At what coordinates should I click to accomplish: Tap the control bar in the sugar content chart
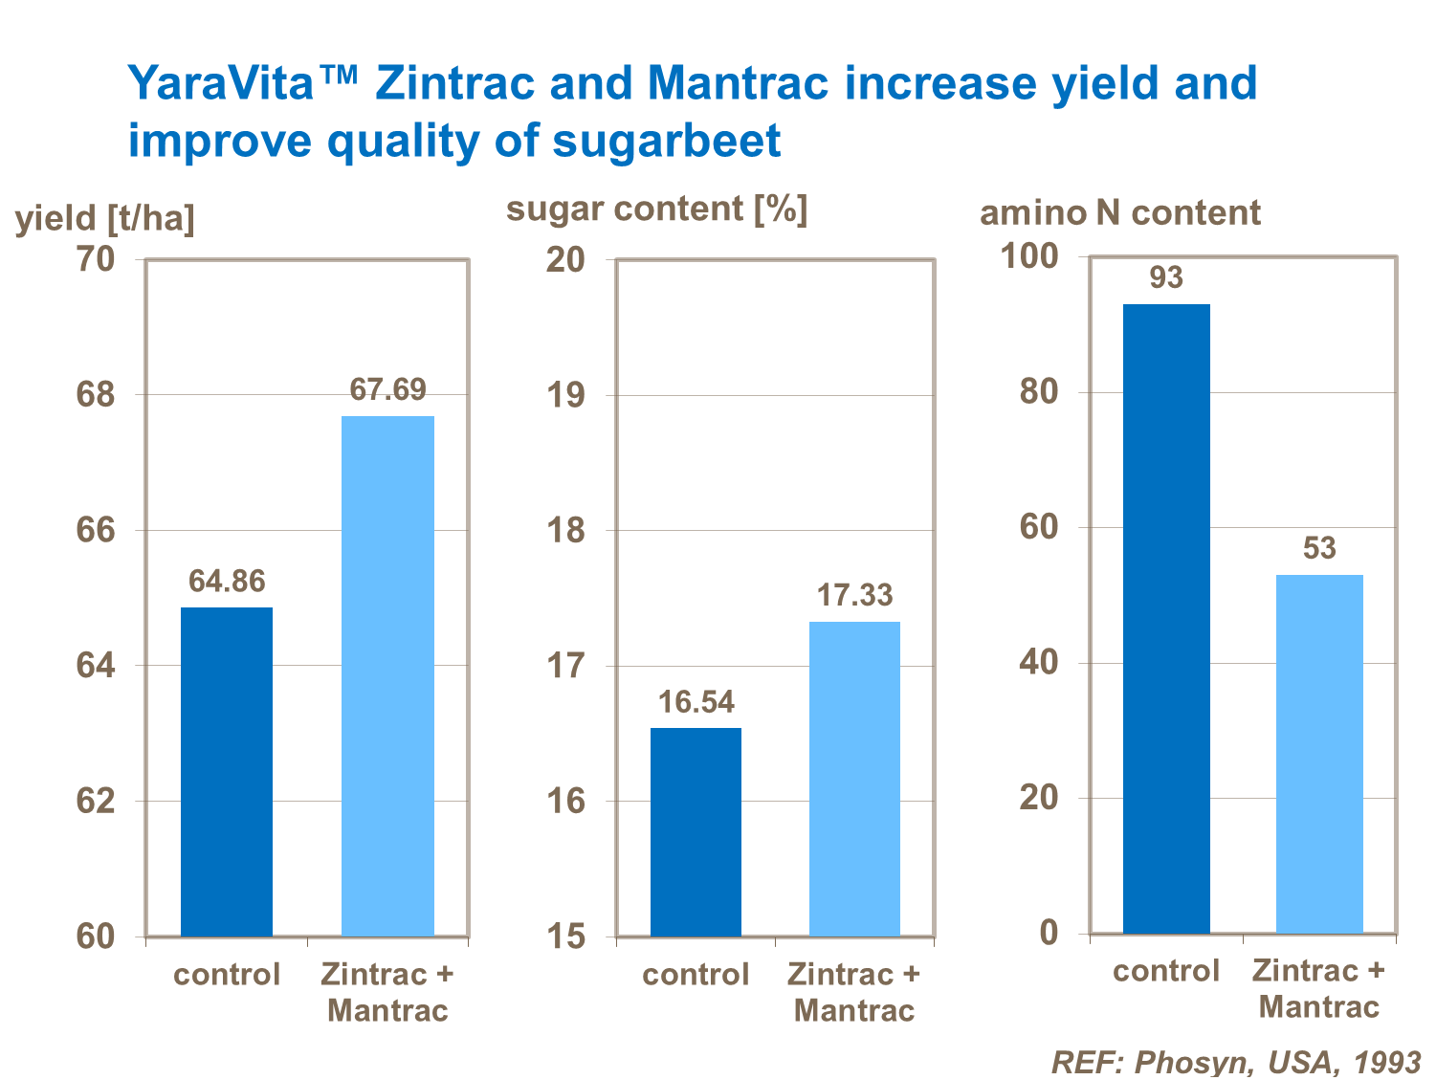coord(696,831)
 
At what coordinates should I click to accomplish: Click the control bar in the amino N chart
coord(1166,618)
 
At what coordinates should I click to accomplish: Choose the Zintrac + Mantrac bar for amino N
coord(1319,754)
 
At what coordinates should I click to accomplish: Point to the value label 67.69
coord(387,390)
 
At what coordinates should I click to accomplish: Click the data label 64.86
coord(227,582)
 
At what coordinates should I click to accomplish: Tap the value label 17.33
coord(854,596)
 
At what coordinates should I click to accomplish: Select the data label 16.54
coord(696,702)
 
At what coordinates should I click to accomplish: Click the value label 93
coord(1166,278)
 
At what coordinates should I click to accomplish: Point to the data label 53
coord(1319,548)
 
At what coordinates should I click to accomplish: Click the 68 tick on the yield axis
coord(95,394)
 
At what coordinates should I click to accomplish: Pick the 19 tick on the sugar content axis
coord(565,395)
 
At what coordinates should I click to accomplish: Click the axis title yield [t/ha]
coord(105,219)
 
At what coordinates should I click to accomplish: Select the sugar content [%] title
coord(656,209)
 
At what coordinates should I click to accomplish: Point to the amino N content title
coord(1119,212)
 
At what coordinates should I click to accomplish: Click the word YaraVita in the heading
coord(222,83)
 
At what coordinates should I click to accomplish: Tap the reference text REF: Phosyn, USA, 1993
coord(1236,1062)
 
